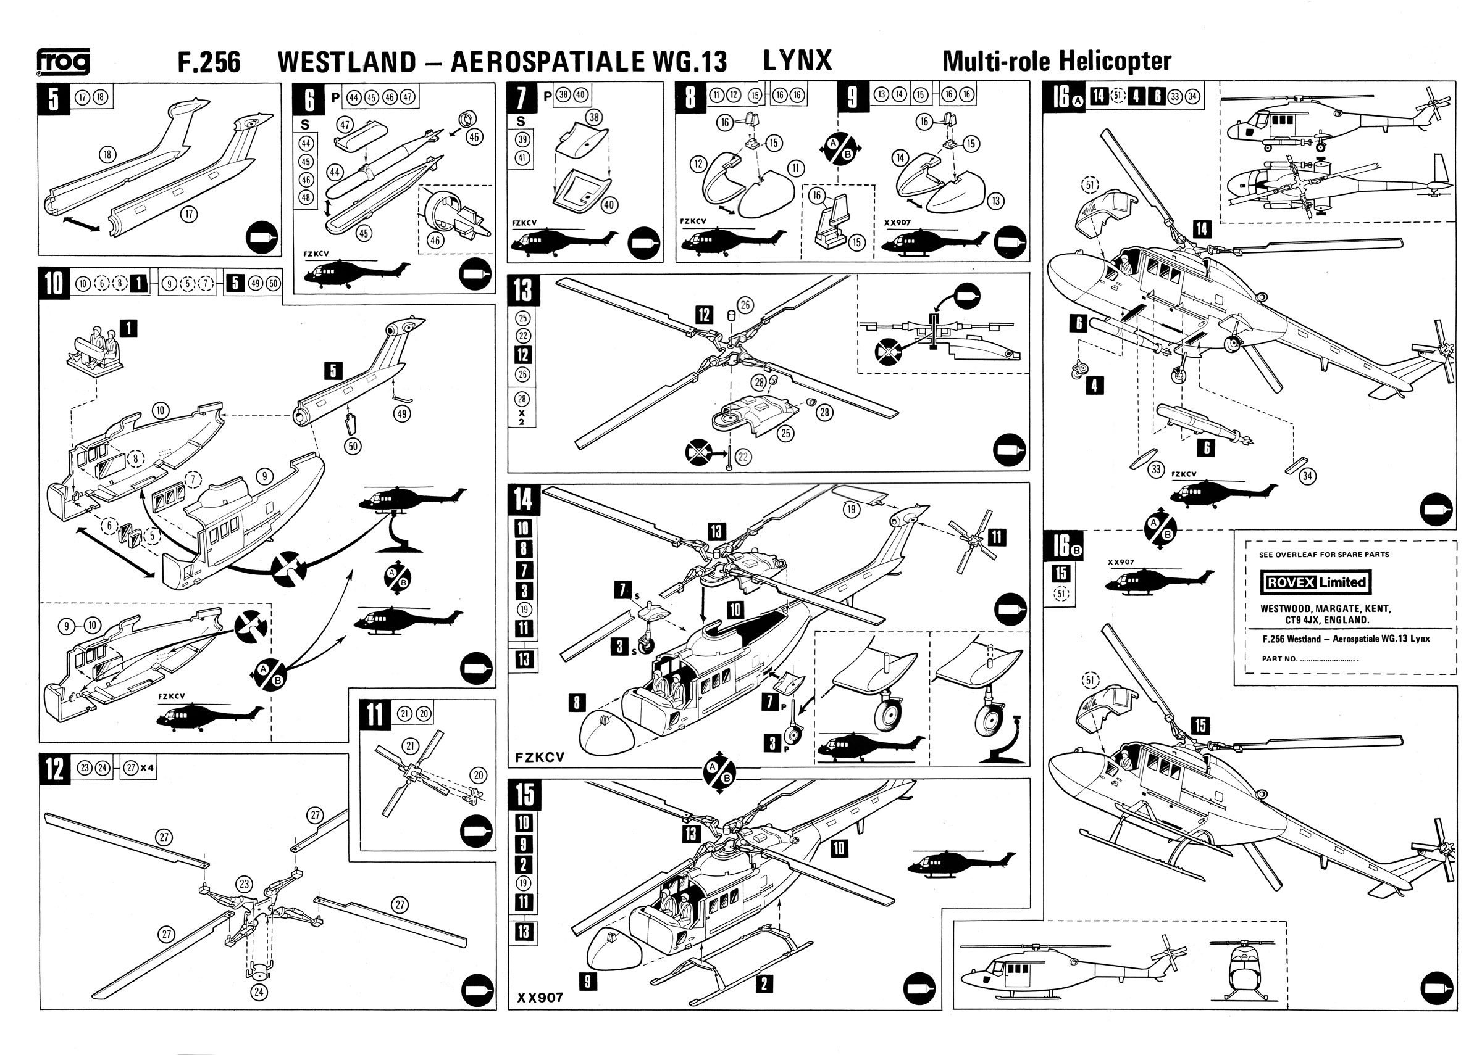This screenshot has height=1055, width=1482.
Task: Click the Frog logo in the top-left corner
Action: [63, 62]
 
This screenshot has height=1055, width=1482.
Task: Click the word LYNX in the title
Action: [797, 60]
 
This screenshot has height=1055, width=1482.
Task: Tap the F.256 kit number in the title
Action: [209, 62]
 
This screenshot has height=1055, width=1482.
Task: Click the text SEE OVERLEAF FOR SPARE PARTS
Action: [1323, 555]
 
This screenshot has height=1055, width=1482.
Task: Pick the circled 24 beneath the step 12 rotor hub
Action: [259, 992]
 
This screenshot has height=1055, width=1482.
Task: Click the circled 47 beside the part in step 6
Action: [344, 124]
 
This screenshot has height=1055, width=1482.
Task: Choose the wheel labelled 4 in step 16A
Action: [1077, 370]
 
